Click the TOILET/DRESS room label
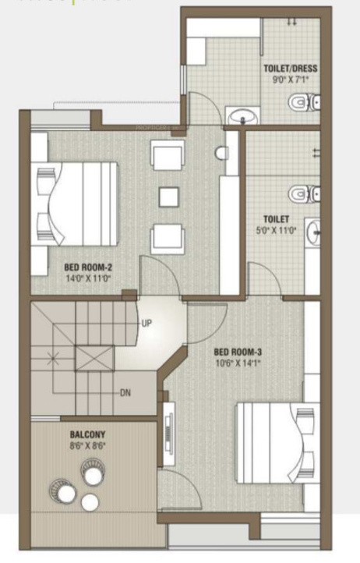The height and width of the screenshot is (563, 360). pos(290,68)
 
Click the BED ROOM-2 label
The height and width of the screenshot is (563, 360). pos(87,266)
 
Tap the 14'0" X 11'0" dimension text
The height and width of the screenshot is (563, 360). pos(87,277)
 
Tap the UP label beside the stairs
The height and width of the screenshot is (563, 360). pos(146,322)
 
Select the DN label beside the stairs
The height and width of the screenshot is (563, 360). pos(125,392)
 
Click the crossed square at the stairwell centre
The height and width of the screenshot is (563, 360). pos(93,359)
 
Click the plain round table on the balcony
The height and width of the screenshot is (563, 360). pos(90,502)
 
